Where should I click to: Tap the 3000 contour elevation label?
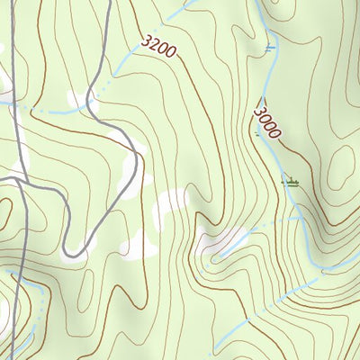point(266,122)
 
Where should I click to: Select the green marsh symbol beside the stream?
point(290,183)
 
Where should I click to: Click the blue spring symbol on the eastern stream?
point(269,48)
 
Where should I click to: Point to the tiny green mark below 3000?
point(259,136)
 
